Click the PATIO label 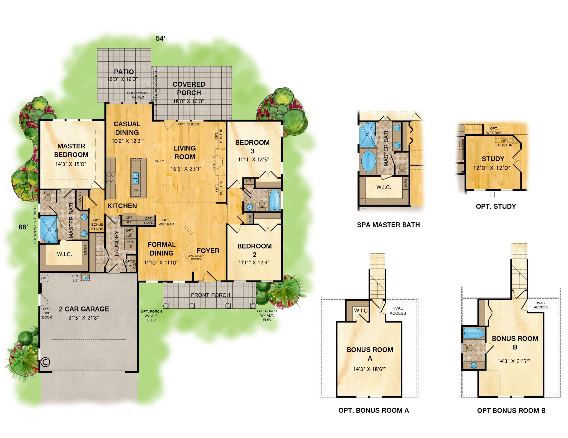pos(124,72)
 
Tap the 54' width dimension pos(160,38)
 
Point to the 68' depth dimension pos(23,227)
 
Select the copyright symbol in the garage pos(45,362)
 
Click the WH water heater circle pos(45,278)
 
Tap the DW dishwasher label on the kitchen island pos(135,190)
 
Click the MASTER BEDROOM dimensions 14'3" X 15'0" pos(71,164)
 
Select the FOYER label pos(208,251)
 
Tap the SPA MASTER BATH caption pos(388,225)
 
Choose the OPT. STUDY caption pos(496,207)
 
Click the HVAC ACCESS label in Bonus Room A pos(398,311)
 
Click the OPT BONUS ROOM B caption pos(511,411)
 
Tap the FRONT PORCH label pos(211,295)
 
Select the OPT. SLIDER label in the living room pos(189,124)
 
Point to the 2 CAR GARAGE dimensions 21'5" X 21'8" pos(83,318)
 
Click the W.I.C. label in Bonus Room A pos(361,311)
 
